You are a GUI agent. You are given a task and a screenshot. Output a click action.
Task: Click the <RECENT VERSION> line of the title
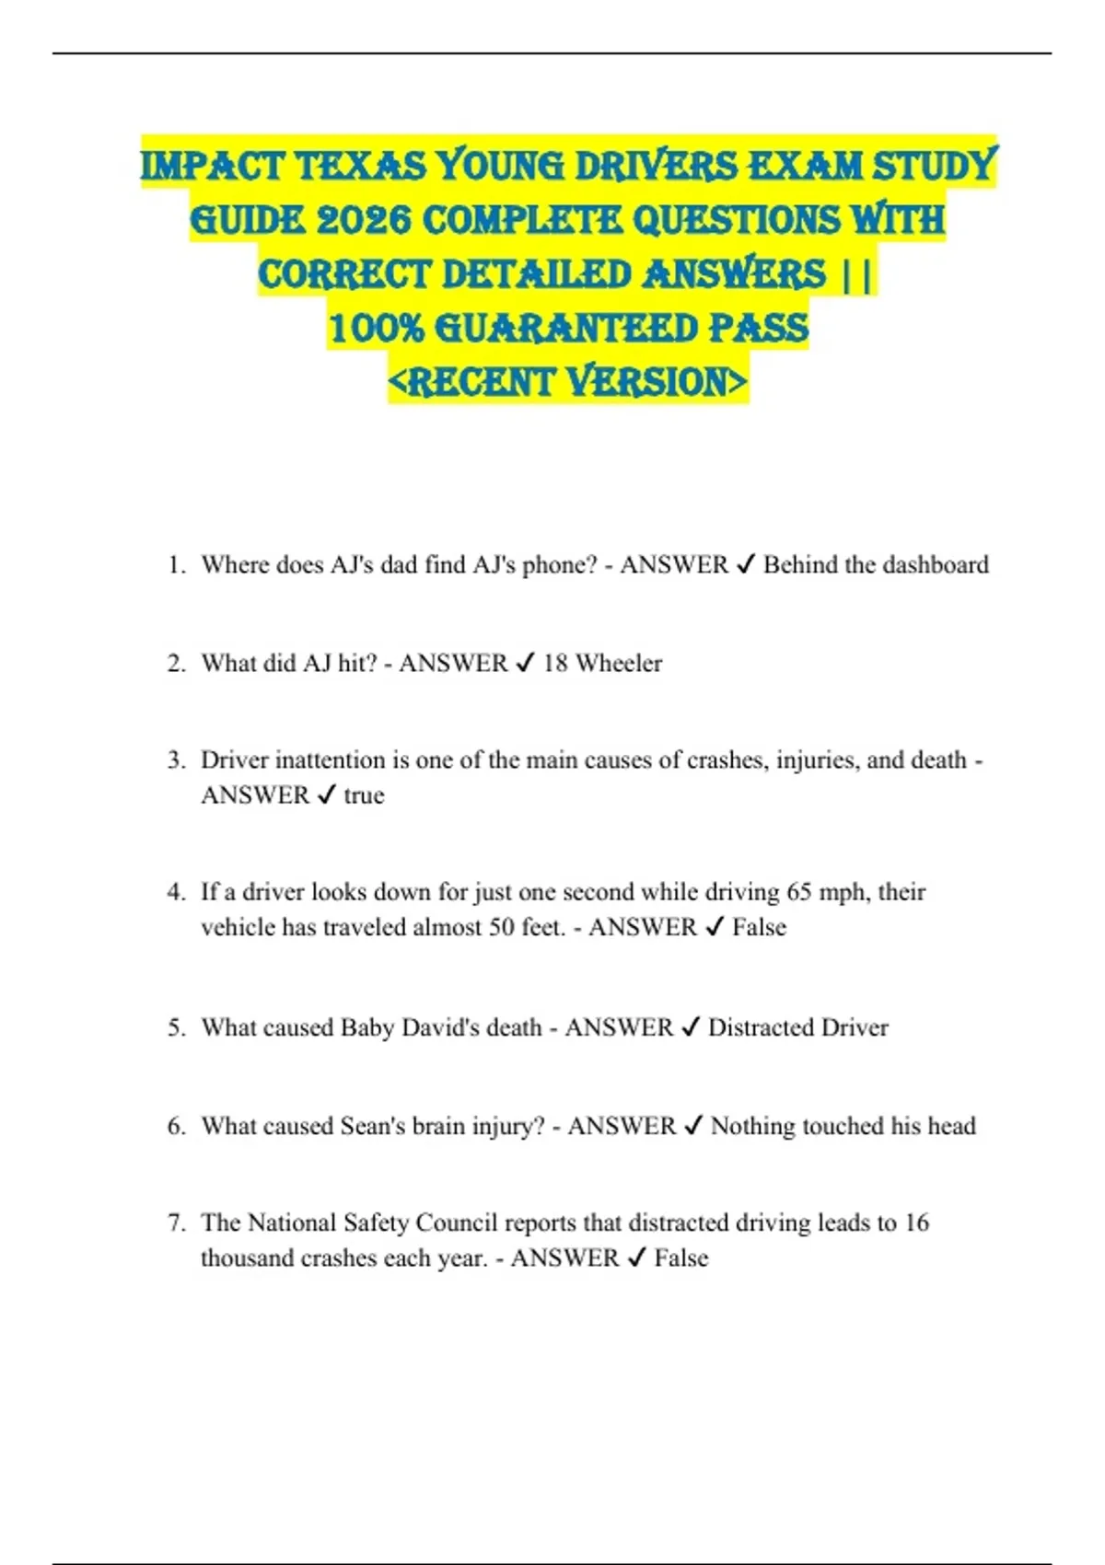(568, 382)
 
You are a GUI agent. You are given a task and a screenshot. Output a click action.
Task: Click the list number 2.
(176, 664)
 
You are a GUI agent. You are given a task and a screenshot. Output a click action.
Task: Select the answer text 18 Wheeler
(602, 663)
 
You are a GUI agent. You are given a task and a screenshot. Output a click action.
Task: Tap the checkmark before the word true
(326, 795)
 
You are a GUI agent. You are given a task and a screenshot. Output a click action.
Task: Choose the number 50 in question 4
(502, 927)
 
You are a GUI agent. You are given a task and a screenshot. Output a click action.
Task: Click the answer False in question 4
(759, 927)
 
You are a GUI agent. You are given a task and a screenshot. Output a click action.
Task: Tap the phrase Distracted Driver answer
(797, 1027)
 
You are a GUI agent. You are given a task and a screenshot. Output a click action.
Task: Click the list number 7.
(176, 1223)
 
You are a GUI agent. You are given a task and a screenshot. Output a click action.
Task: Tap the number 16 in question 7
(916, 1223)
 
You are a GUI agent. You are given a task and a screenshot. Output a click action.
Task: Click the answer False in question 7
(681, 1258)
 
